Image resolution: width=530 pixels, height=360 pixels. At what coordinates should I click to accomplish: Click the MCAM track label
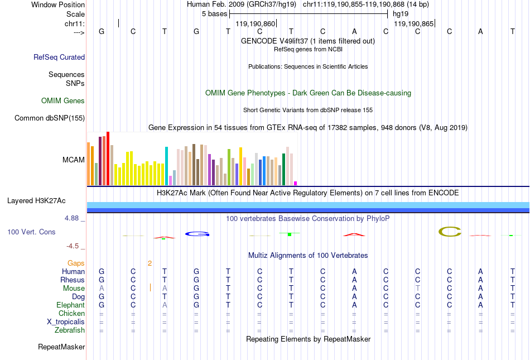pos(74,160)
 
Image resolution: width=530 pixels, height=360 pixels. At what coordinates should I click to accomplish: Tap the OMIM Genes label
pos(63,101)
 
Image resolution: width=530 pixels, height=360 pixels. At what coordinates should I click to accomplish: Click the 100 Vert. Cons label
pos(31,232)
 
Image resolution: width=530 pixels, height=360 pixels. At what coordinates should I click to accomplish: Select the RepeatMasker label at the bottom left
pos(61,347)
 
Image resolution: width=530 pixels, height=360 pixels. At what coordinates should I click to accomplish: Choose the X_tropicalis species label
pos(66,322)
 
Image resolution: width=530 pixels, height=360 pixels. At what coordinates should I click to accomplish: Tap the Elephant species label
pos(70,305)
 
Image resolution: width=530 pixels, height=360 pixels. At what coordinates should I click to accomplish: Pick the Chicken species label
pos(71,314)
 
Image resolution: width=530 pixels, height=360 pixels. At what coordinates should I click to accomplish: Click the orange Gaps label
pos(76,263)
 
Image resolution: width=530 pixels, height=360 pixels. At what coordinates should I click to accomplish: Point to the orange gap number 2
pos(150,263)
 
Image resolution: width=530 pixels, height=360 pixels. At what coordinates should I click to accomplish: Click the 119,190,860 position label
pos(256,24)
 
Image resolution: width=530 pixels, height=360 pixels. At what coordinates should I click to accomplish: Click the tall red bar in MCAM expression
pos(108,159)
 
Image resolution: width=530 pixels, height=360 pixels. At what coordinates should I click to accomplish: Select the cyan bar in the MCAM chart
pos(166,166)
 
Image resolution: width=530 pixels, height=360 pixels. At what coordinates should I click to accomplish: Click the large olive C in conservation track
pos(450,232)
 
